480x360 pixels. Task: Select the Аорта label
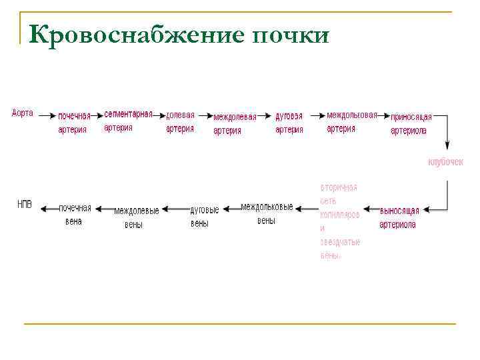(x=23, y=113)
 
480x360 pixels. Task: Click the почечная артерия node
(x=73, y=123)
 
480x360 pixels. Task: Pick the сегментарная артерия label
(x=128, y=121)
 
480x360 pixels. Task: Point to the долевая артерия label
(x=180, y=121)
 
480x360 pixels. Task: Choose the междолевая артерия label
(x=234, y=123)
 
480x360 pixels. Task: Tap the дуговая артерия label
(x=289, y=123)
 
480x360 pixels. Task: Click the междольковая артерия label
(x=351, y=121)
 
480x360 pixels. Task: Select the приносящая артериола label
(x=411, y=123)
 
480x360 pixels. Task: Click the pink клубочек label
(x=445, y=162)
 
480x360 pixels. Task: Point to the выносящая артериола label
(x=399, y=218)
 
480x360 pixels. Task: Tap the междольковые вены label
(x=267, y=213)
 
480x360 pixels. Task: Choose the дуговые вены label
(x=203, y=217)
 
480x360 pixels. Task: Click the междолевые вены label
(x=136, y=217)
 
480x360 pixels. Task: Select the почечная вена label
(x=75, y=214)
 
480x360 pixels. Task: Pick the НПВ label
(x=25, y=204)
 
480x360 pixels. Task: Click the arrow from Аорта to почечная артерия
(x=46, y=115)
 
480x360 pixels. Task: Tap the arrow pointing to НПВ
(x=49, y=209)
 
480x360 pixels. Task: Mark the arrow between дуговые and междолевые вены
(x=175, y=209)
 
